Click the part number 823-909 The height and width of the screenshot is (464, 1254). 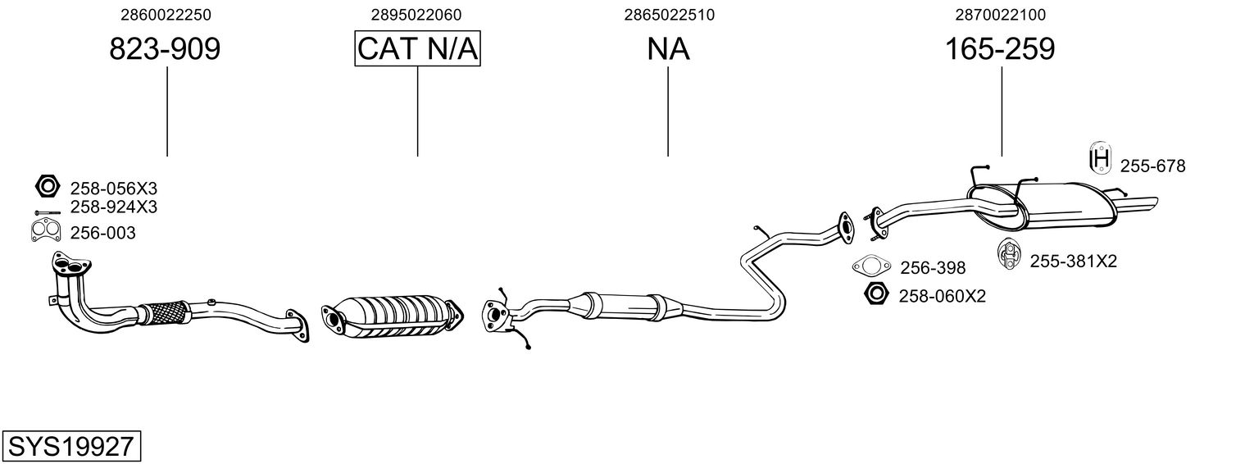[165, 49]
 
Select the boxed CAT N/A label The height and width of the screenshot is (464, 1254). [418, 48]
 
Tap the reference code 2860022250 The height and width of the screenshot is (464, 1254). [166, 15]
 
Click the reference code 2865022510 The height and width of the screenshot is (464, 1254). [669, 15]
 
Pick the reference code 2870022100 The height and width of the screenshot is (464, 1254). [1001, 15]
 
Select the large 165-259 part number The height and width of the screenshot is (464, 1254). [1000, 49]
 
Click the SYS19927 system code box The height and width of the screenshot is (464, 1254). [71, 446]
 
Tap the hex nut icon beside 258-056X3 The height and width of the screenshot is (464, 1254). [47, 186]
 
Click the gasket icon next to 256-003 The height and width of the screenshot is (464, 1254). [46, 230]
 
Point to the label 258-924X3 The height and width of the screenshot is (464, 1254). [114, 207]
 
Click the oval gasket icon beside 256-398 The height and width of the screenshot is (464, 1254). [871, 266]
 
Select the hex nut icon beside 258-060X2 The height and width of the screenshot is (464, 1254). [876, 293]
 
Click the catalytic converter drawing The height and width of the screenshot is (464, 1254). [393, 316]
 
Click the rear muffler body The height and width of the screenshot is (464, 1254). [1041, 206]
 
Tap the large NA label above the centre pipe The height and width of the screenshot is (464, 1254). [669, 49]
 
